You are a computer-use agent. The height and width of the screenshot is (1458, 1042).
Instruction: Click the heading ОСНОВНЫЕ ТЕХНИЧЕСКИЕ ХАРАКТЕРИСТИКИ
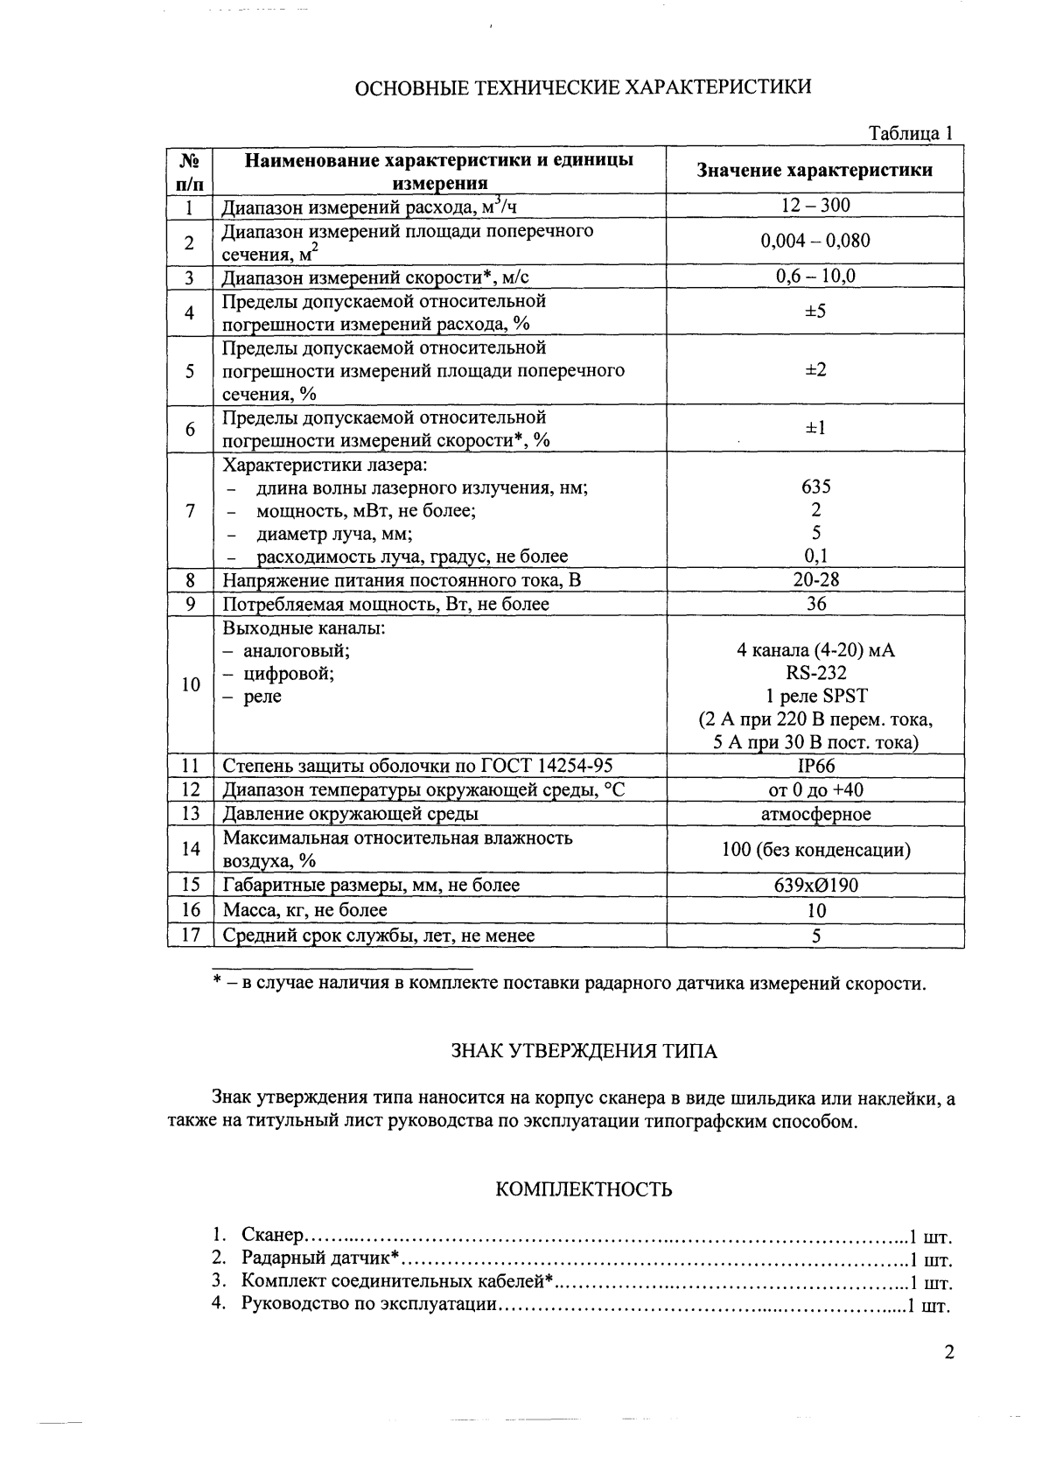point(583,86)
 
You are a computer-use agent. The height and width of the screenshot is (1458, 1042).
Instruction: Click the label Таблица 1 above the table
point(909,133)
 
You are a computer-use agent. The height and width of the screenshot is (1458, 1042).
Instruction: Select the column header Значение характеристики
point(814,170)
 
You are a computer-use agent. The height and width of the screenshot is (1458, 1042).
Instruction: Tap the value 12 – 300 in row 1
point(815,206)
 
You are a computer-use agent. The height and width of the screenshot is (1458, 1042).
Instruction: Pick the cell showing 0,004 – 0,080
point(815,242)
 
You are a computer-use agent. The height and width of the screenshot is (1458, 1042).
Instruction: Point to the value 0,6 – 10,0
point(815,277)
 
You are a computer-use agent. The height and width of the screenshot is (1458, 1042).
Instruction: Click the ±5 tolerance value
point(815,312)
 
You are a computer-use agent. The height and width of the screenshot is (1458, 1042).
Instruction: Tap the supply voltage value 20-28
point(815,579)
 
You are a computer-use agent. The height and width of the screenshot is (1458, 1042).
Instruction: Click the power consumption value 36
point(815,604)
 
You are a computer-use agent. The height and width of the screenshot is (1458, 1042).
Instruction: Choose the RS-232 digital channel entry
point(815,673)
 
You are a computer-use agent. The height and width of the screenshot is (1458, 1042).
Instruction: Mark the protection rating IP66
point(815,766)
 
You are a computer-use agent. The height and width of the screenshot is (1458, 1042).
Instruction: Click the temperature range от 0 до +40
point(815,790)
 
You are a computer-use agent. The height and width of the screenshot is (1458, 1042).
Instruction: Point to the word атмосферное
point(815,814)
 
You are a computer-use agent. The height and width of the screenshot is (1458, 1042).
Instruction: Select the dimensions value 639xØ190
point(815,885)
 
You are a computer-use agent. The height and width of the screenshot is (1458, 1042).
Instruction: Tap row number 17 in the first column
point(191,935)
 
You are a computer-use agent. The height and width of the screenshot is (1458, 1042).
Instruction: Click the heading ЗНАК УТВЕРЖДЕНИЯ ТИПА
point(583,1051)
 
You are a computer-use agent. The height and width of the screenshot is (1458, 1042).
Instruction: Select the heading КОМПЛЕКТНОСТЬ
point(584,1189)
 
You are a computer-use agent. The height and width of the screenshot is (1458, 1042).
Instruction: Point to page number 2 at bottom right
point(949,1352)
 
